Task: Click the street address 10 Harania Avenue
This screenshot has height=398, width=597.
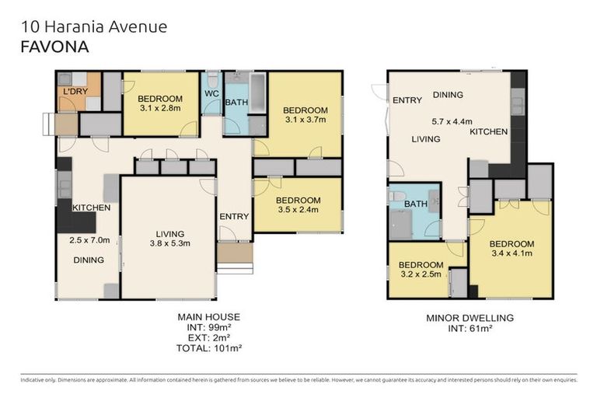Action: click(94, 27)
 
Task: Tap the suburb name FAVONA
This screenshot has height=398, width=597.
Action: click(54, 47)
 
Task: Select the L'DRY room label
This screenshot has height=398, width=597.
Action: click(75, 92)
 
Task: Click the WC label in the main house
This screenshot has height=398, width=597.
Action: click(211, 94)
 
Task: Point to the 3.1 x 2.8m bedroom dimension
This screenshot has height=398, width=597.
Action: click(160, 108)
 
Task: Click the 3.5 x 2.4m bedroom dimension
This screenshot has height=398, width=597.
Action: click(298, 210)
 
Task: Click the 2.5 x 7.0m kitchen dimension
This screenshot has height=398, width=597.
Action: click(89, 240)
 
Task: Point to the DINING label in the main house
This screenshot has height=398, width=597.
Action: click(89, 260)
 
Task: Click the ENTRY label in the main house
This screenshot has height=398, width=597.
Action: click(233, 216)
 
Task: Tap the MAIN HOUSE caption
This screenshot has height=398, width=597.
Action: click(208, 316)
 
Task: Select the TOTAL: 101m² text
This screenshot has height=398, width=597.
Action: click(208, 349)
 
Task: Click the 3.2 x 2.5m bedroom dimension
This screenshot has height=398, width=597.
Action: click(421, 274)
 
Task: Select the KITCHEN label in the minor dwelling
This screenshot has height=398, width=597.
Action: click(489, 132)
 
